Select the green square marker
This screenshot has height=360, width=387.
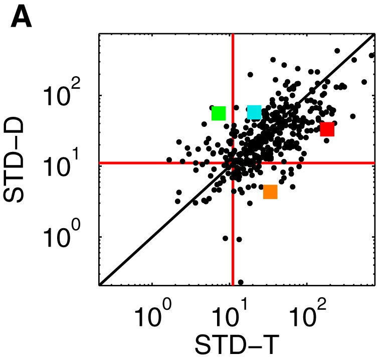[x=219, y=113]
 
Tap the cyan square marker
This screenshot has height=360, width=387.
[x=254, y=112]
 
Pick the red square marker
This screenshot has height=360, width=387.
[x=327, y=129]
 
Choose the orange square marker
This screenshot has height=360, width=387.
[x=270, y=192]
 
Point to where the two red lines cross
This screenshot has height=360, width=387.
[x=233, y=163]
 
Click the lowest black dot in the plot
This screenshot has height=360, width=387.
[x=241, y=282]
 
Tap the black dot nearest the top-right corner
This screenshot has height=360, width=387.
[x=371, y=55]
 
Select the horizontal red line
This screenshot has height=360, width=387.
[x=150, y=163]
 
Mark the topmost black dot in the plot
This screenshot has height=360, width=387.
[x=337, y=51]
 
